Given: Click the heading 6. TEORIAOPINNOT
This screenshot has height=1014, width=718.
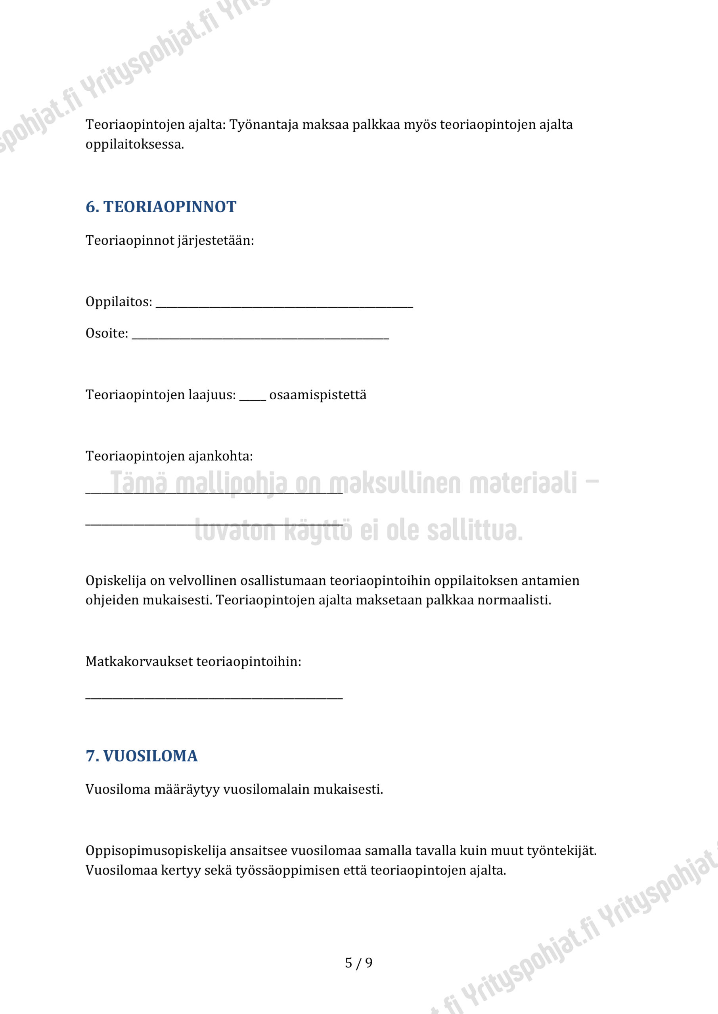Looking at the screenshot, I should coord(161,207).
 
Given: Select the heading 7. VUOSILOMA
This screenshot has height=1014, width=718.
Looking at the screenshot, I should coord(142,756).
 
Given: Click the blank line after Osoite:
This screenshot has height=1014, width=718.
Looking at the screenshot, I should coord(260,337).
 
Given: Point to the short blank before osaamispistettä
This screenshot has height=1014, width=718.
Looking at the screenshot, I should coord(253,399).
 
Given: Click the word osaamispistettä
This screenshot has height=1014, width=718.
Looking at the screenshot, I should coord(318,395).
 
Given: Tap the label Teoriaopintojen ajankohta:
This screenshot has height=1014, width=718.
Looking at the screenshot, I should coord(169,456).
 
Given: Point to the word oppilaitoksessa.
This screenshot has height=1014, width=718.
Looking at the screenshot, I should coord(134,145).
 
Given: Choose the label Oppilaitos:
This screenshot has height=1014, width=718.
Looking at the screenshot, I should coord(119,302).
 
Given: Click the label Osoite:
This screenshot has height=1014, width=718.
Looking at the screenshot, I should coord(107,333).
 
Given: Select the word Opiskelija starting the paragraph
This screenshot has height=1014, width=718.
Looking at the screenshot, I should coord(116,581).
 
